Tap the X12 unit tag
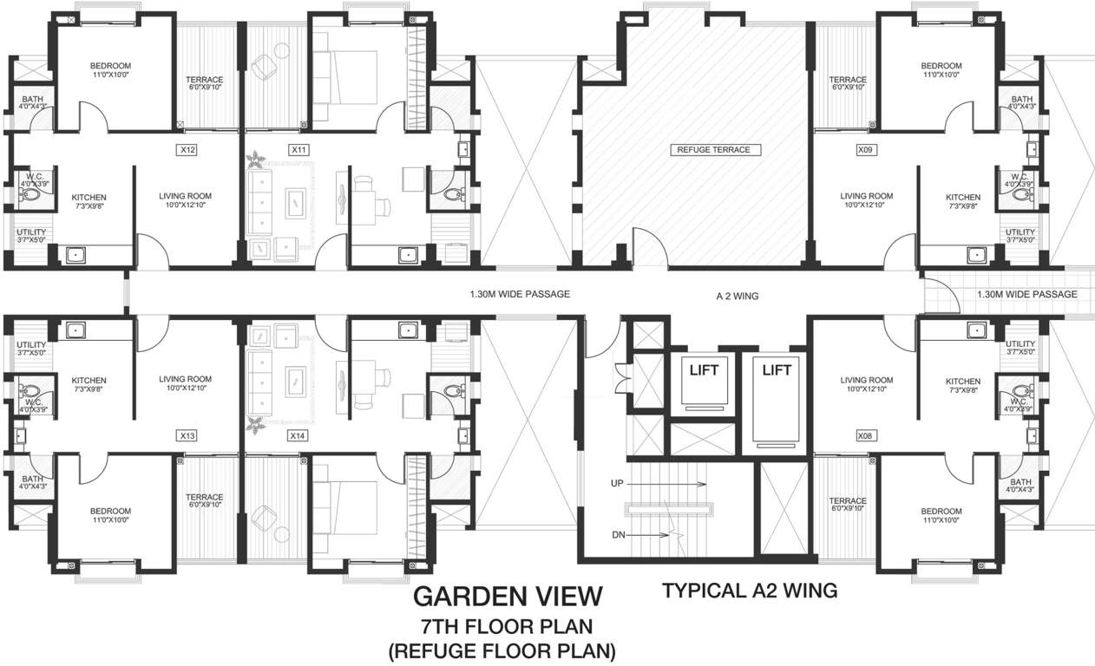(187, 150)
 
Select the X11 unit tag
(299, 150)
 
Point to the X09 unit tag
(864, 150)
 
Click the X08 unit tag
(864, 436)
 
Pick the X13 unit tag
(187, 435)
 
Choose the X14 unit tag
(299, 435)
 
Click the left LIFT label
(704, 370)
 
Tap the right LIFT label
(777, 370)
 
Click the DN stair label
(618, 535)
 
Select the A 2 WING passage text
(738, 296)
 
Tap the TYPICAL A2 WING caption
(750, 591)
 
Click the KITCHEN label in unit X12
(89, 197)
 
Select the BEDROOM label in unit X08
(941, 512)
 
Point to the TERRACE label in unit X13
(205, 499)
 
